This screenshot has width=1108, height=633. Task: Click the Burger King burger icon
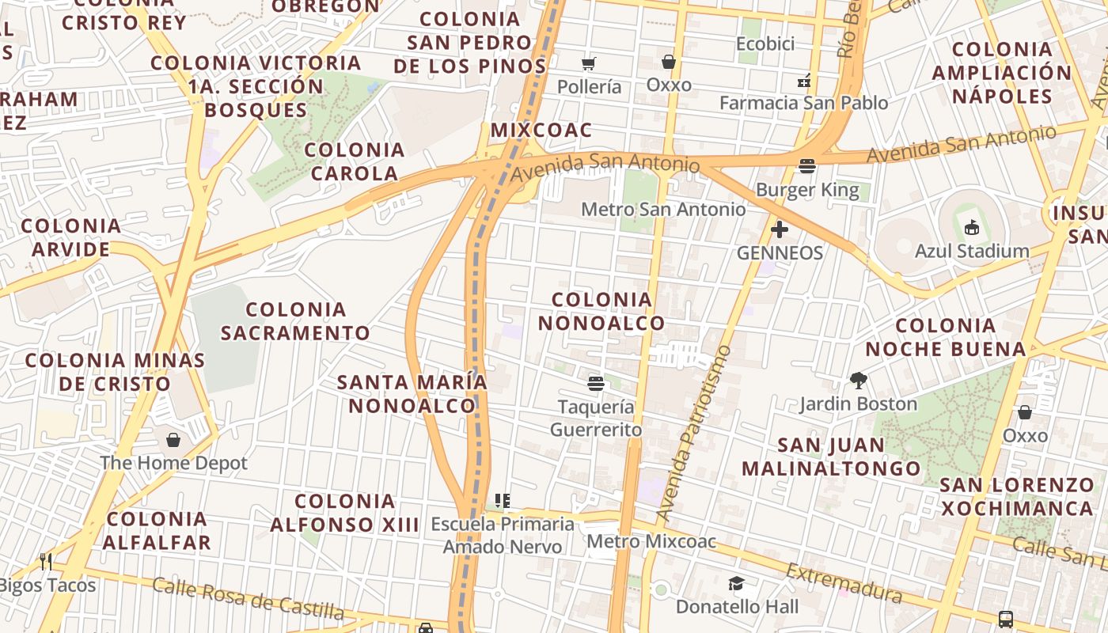(807, 166)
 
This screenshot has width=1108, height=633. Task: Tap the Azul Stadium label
(972, 252)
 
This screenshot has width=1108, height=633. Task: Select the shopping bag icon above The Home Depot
(173, 439)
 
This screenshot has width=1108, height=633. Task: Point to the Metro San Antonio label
(663, 210)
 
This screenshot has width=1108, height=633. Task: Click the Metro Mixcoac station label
(651, 542)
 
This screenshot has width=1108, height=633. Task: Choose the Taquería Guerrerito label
(596, 418)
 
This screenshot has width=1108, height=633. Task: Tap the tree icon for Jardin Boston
(858, 381)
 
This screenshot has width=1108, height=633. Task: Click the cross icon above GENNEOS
(780, 229)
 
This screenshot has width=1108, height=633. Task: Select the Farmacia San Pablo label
(803, 103)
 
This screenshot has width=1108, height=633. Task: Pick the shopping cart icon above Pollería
(588, 63)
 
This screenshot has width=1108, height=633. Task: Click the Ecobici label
(765, 44)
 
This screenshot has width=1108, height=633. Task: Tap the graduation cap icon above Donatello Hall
(737, 584)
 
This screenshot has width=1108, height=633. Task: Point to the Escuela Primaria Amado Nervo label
(503, 535)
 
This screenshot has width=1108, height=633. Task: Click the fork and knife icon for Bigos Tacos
(46, 562)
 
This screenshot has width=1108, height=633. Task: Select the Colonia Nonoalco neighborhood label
(601, 312)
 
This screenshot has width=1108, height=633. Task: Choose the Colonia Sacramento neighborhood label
(295, 321)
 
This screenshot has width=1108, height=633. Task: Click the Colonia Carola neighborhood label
(355, 161)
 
